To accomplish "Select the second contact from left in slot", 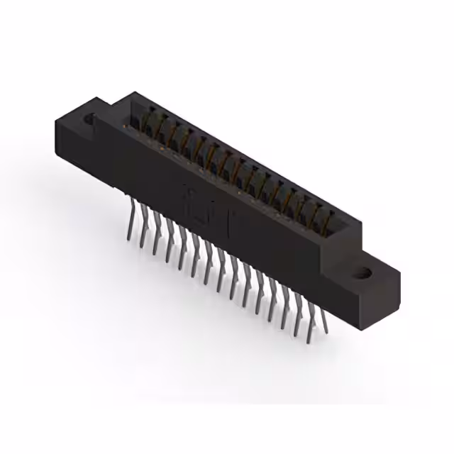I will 163,126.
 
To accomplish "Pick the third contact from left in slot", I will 176,133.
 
